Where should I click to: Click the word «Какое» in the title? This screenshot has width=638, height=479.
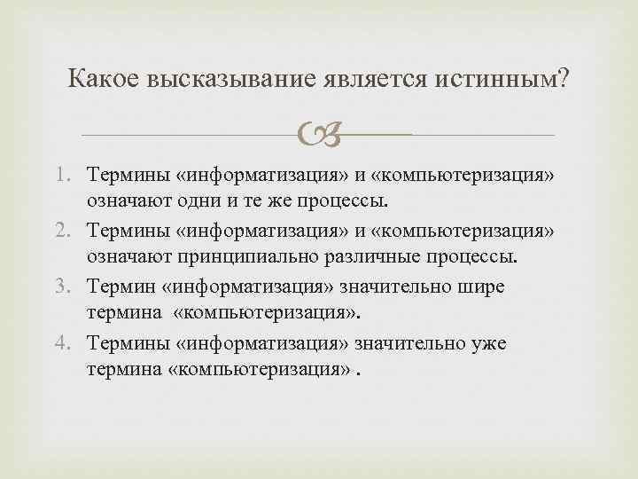105,81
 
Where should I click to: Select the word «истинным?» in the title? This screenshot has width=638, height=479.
502,81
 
